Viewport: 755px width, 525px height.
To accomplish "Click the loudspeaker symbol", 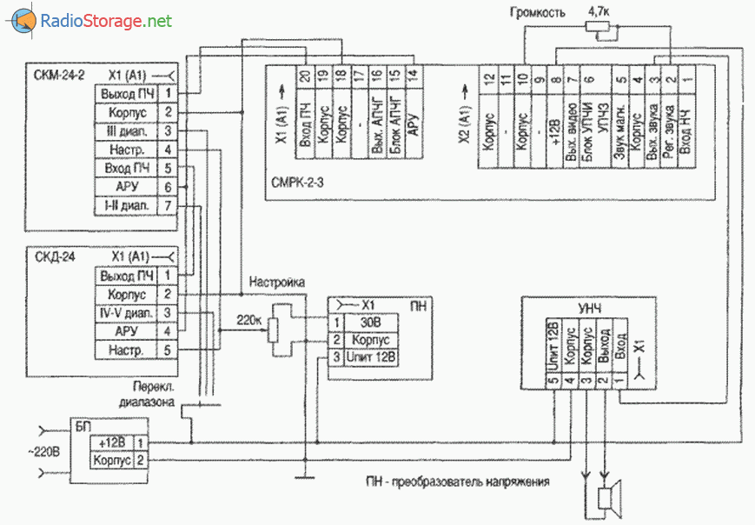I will (612, 498).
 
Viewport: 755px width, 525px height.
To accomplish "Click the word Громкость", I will (539, 13).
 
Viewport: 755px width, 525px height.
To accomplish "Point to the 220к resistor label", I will (251, 319).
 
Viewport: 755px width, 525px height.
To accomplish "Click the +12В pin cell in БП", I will (113, 443).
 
